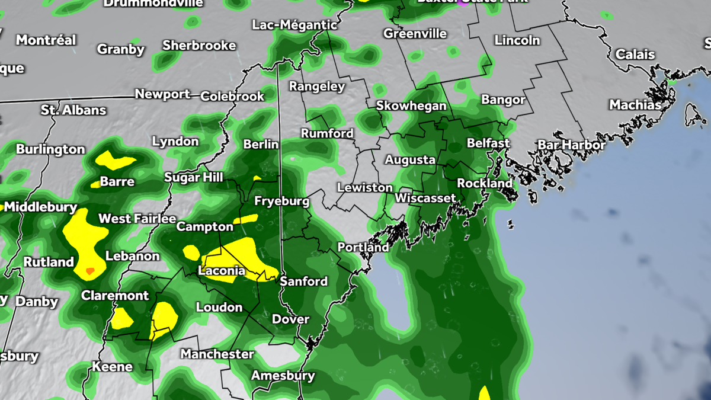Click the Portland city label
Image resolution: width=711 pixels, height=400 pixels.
(x=363, y=247)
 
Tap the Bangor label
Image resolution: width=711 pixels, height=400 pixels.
(x=503, y=100)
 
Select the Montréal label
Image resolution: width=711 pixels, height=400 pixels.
(x=46, y=40)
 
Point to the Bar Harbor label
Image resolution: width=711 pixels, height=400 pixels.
(x=572, y=145)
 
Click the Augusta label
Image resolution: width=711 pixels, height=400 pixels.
(x=410, y=160)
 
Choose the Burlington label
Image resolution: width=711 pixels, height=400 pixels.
(x=50, y=149)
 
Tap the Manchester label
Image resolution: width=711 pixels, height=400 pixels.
(x=217, y=354)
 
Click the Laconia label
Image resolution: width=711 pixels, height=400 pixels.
(x=221, y=271)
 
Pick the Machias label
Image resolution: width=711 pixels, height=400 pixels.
(x=635, y=105)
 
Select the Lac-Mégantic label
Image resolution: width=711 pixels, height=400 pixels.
(x=294, y=25)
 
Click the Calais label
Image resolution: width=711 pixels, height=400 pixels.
(x=635, y=55)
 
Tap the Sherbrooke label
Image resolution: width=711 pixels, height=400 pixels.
(x=199, y=46)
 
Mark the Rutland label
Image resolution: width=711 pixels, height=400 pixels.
(x=49, y=261)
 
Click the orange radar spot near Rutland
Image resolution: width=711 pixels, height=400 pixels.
(x=89, y=271)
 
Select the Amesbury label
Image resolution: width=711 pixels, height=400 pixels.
(x=283, y=376)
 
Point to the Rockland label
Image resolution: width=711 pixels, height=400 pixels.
(x=485, y=184)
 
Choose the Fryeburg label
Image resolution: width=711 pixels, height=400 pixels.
(x=281, y=201)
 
